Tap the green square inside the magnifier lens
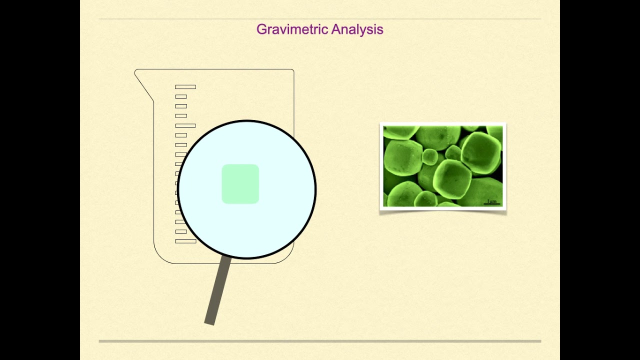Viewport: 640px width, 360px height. (x=240, y=184)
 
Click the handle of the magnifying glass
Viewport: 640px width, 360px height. (x=218, y=290)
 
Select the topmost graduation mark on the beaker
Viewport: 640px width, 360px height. (x=185, y=87)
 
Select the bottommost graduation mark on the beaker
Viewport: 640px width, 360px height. (x=185, y=241)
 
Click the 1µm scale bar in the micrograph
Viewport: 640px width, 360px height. (x=492, y=202)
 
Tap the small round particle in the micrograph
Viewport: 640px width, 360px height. (x=430, y=157)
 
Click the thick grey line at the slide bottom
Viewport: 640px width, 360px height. (x=320, y=341)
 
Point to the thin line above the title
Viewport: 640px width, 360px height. (x=320, y=19)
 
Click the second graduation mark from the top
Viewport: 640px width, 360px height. (x=181, y=96)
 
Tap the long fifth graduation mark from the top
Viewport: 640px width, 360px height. (x=185, y=125)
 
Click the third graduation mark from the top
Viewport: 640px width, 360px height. (x=181, y=106)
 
